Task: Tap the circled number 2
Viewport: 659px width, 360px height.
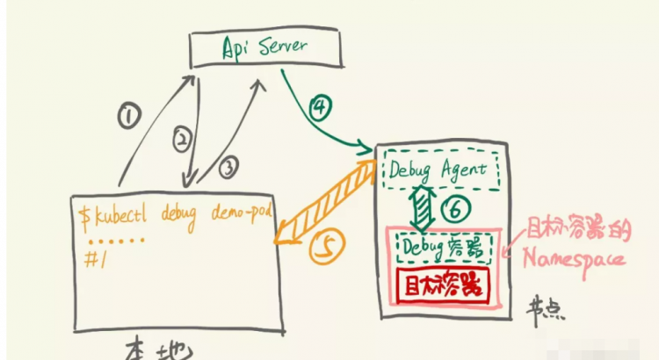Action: pyautogui.click(x=181, y=138)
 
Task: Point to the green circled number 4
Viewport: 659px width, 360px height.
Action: pyautogui.click(x=319, y=107)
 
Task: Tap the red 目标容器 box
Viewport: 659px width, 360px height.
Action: pyautogui.click(x=442, y=285)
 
